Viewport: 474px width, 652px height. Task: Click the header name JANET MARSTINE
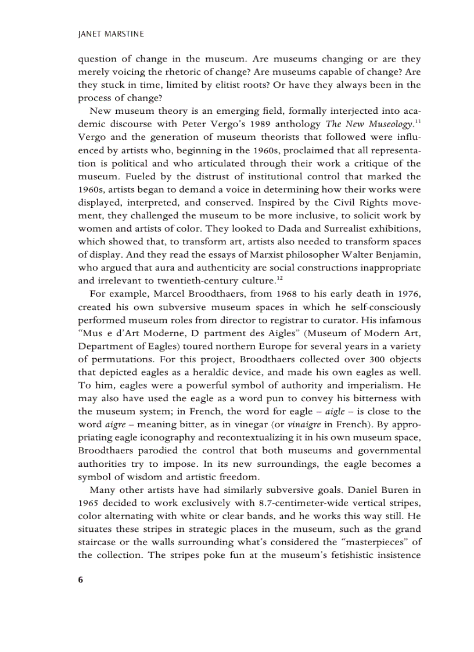[x=110, y=34]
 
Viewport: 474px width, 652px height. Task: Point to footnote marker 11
[x=416, y=121]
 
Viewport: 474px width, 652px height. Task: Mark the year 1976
[x=408, y=294]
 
